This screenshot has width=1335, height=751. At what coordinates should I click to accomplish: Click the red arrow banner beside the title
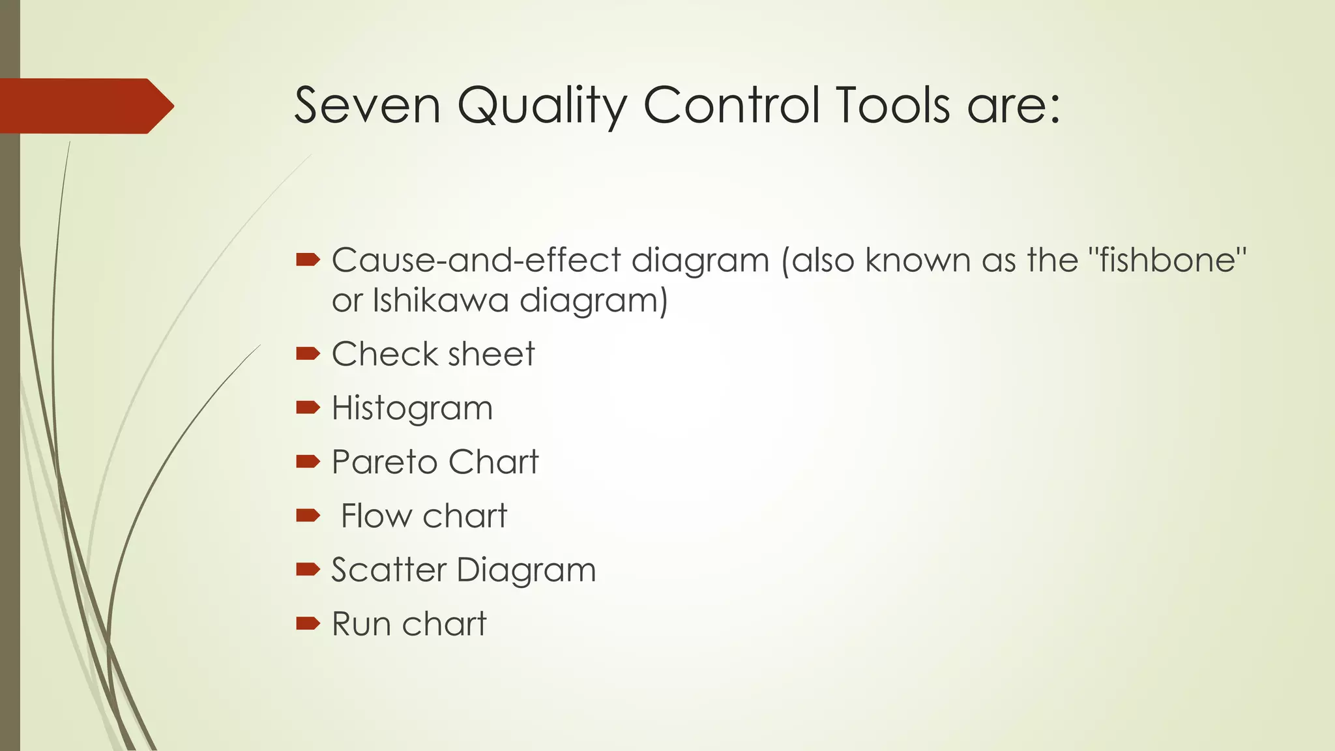[x=85, y=106]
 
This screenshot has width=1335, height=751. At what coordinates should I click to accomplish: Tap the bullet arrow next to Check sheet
[x=308, y=354]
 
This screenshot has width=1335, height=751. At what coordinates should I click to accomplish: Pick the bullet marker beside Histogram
[x=308, y=408]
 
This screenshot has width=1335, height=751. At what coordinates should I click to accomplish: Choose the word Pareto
[x=384, y=462]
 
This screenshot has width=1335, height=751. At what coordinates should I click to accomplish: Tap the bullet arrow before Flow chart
[x=308, y=516]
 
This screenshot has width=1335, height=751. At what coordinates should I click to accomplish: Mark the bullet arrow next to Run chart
[x=308, y=624]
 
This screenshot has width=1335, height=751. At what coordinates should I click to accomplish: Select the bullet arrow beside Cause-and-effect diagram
[x=308, y=261]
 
